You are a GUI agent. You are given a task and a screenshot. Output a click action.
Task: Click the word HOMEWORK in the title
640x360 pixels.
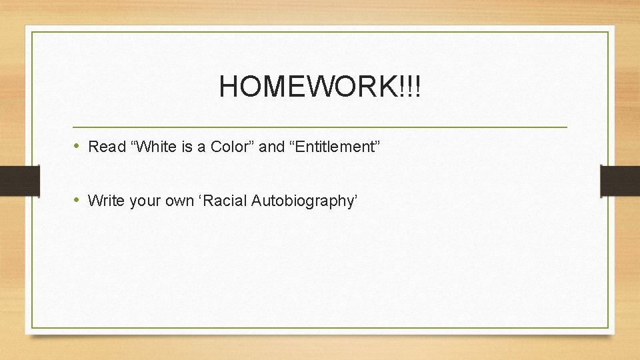tap(307, 87)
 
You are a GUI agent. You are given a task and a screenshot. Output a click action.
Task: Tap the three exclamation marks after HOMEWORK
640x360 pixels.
tap(409, 87)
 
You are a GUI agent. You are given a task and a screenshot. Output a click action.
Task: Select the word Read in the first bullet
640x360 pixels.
tap(103, 147)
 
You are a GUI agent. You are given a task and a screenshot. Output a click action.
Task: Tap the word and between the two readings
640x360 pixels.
tap(271, 147)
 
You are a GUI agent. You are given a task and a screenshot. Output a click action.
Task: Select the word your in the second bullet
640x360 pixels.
tap(141, 200)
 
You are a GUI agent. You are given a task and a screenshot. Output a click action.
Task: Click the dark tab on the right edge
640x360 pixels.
tap(620, 181)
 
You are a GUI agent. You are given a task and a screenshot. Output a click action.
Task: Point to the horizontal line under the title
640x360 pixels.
tap(320, 127)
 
